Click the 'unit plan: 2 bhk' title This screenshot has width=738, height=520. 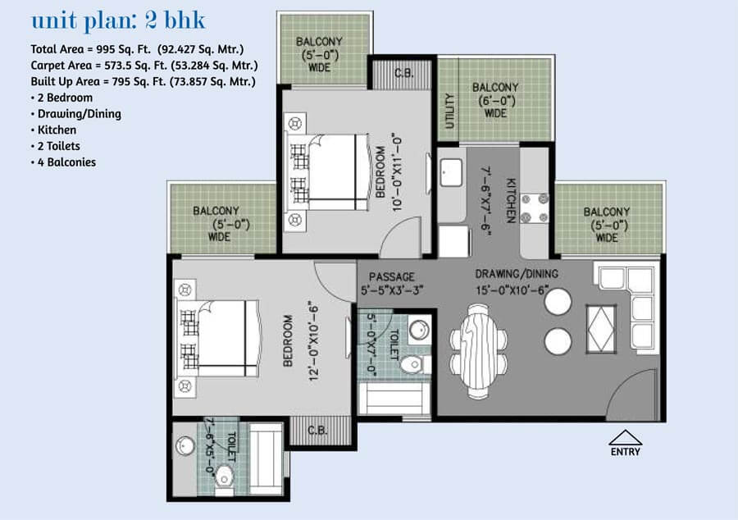[118, 21]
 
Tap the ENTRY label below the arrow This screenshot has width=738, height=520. [625, 452]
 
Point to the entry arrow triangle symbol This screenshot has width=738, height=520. [625, 437]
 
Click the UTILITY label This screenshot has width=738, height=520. [449, 111]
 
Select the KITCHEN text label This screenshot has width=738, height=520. [511, 200]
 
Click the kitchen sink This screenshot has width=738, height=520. [451, 172]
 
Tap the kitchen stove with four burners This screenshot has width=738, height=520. [535, 208]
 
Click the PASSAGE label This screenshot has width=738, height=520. [392, 276]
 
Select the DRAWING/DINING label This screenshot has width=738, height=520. [517, 273]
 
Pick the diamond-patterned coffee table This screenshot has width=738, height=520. [601, 329]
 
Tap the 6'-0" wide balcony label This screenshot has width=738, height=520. [495, 100]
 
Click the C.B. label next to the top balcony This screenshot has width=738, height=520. [403, 74]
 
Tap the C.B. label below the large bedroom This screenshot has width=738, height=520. [317, 430]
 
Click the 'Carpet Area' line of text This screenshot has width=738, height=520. [144, 66]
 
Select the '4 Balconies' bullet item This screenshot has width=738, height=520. [63, 162]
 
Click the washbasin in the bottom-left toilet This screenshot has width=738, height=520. [185, 445]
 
